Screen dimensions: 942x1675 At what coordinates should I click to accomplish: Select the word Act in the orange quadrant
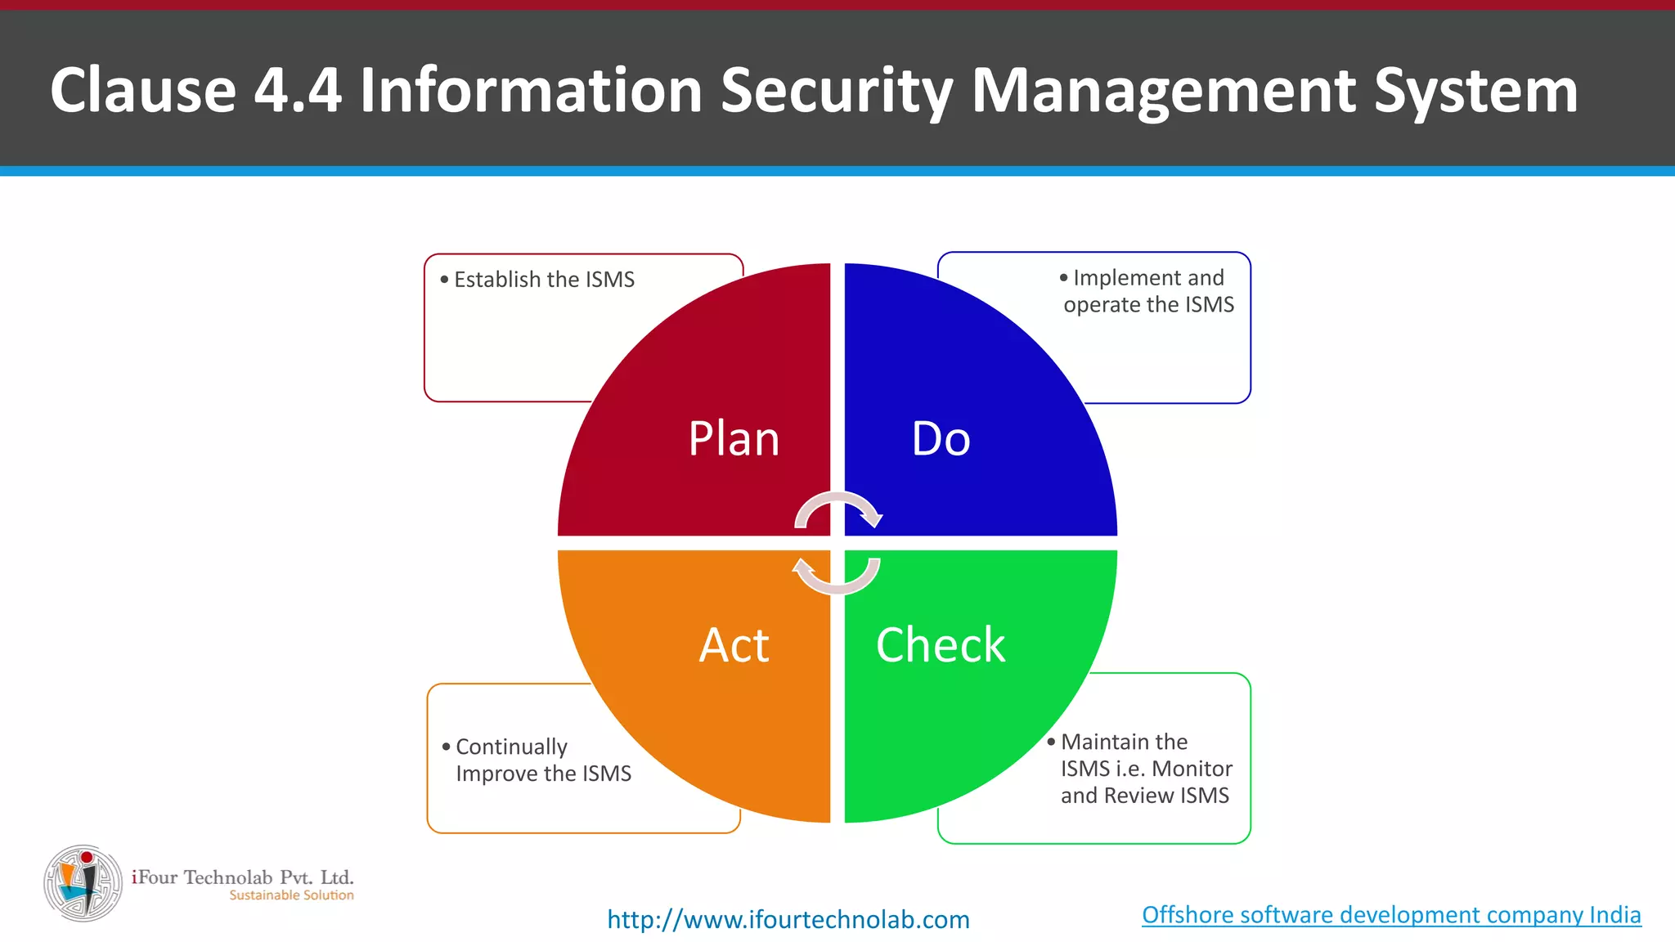tap(734, 645)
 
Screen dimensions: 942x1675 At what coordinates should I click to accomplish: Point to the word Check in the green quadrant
tap(941, 645)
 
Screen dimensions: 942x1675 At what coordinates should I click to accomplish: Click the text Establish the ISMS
tap(544, 280)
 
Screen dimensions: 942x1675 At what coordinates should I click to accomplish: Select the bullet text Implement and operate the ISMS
tap(1148, 291)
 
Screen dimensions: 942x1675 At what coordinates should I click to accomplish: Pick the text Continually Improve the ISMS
tap(543, 760)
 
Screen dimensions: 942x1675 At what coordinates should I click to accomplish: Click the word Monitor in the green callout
tap(1192, 769)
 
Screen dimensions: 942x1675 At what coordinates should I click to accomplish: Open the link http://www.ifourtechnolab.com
tap(788, 919)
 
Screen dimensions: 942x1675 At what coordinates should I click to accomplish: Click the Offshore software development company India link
tap(1391, 914)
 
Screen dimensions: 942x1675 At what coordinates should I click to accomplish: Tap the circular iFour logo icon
tap(83, 883)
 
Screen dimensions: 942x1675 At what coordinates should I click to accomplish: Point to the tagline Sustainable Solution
tap(291, 895)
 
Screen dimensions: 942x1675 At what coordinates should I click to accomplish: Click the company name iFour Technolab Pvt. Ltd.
tap(243, 877)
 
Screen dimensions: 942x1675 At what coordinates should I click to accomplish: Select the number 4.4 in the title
tap(298, 90)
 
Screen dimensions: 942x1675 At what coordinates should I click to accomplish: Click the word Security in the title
tap(837, 90)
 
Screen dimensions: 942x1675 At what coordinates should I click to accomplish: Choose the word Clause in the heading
tap(143, 90)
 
